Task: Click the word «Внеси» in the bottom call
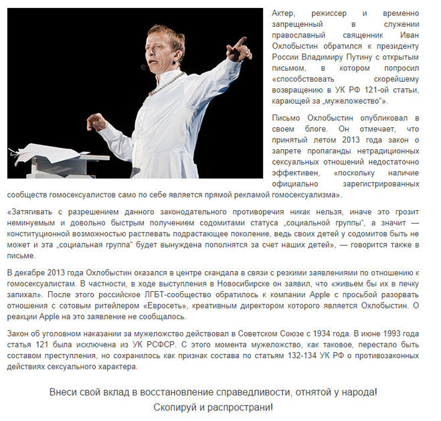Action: pyautogui.click(x=65, y=391)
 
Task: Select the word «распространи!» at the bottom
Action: pyautogui.click(x=244, y=407)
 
